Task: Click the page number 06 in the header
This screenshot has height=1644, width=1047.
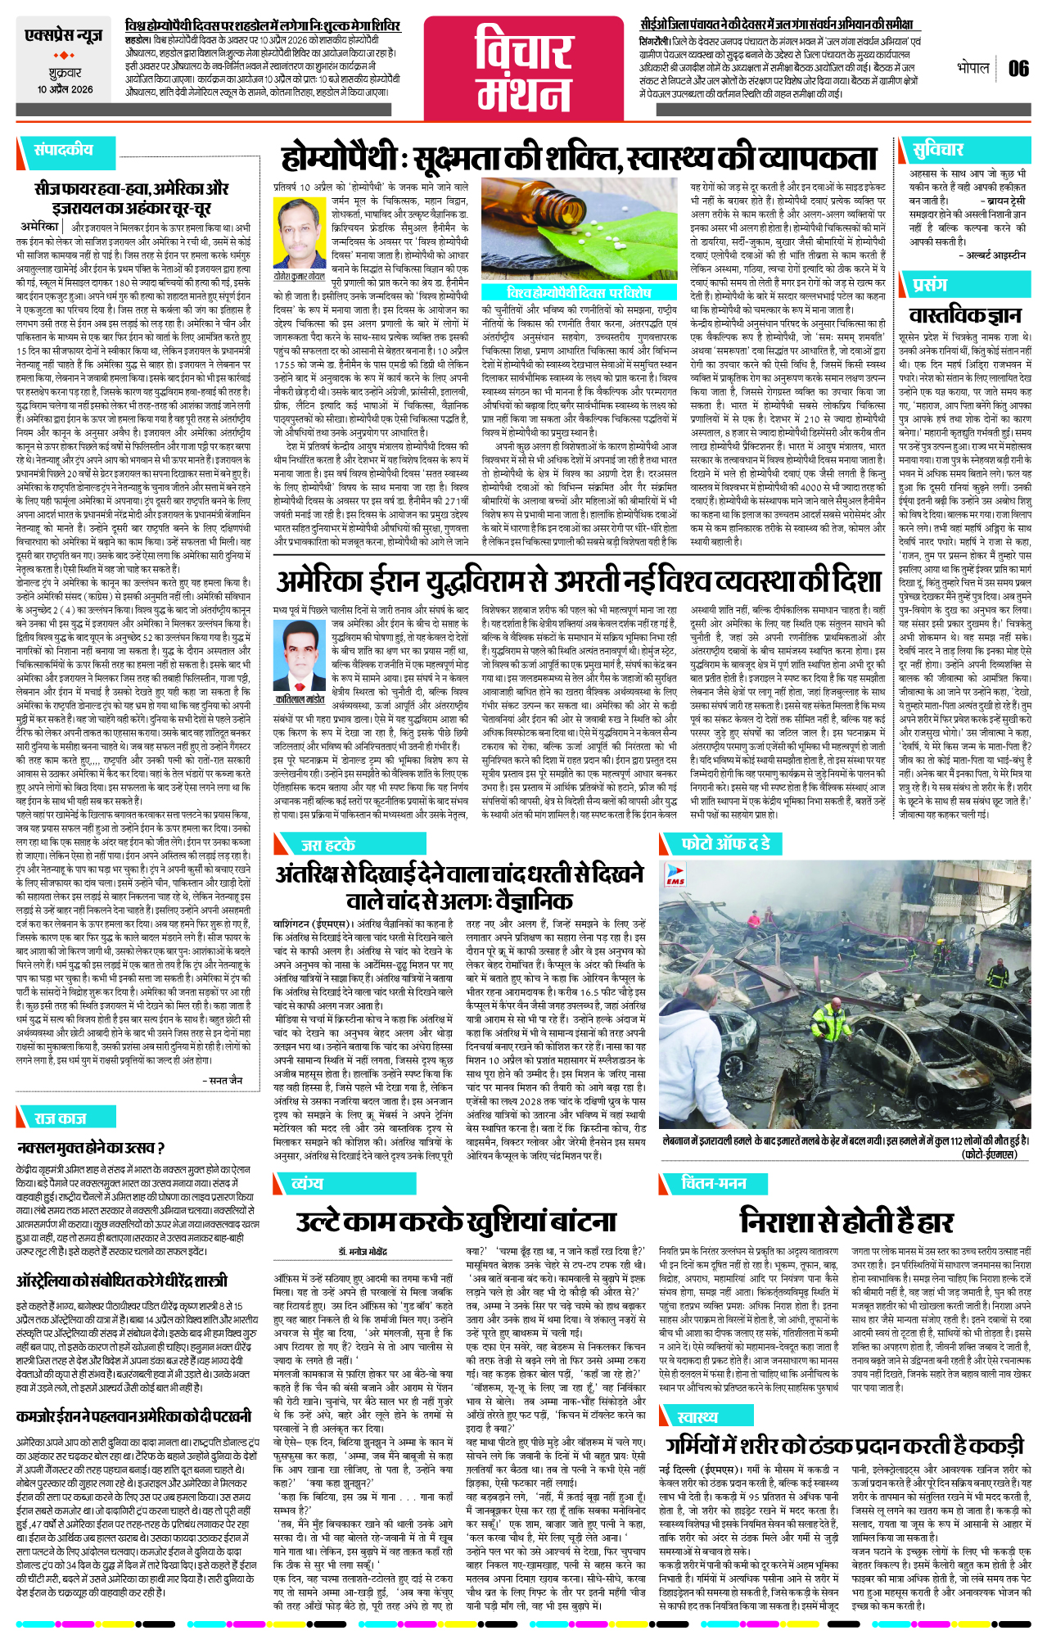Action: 1018,69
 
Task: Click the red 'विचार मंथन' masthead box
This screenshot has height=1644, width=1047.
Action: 524,69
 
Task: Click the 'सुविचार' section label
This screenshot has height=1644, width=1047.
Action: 938,149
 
